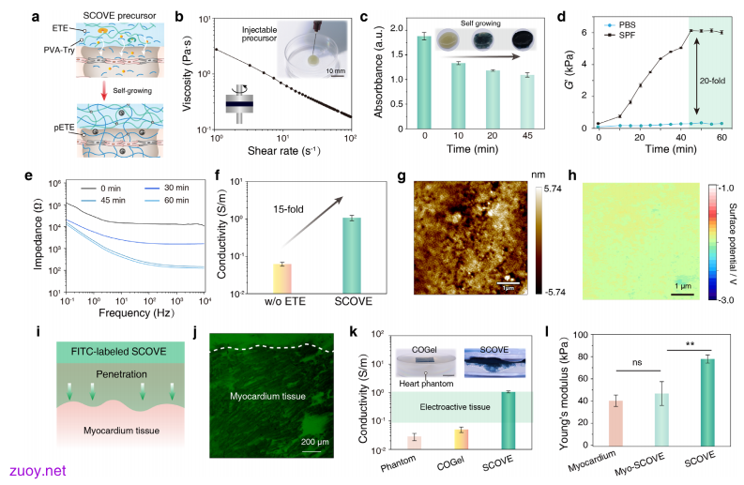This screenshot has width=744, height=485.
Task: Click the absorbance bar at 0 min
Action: (x=424, y=83)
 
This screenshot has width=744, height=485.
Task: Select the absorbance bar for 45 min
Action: (x=527, y=102)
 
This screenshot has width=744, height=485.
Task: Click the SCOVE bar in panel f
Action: (x=352, y=256)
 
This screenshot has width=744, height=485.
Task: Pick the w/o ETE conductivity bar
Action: (x=282, y=279)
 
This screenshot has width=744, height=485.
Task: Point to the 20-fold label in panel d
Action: (x=712, y=82)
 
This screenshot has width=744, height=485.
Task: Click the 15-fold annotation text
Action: (x=288, y=209)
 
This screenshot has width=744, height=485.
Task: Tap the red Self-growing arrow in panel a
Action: (x=103, y=90)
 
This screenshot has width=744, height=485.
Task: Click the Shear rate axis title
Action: (x=283, y=151)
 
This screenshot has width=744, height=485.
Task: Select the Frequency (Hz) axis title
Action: (x=136, y=312)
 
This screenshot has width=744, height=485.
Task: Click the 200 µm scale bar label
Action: (x=314, y=442)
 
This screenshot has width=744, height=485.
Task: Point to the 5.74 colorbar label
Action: (x=552, y=189)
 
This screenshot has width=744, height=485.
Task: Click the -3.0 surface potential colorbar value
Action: (x=726, y=300)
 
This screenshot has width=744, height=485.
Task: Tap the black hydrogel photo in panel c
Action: (x=523, y=39)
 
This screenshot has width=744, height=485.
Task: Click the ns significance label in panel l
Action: (x=637, y=362)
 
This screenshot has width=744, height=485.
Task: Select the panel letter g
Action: (x=402, y=176)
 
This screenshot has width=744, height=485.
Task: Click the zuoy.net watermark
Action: (x=38, y=471)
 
